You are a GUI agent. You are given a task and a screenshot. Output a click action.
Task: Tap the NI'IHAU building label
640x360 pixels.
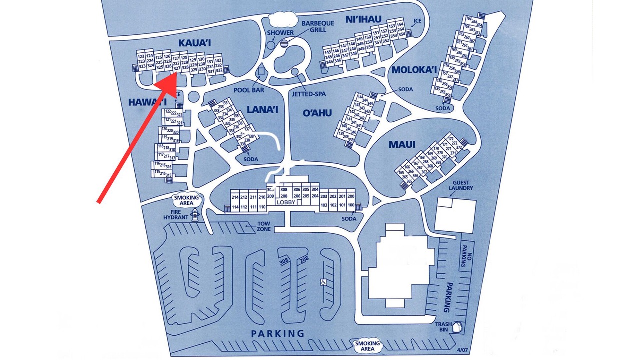pyautogui.click(x=363, y=19)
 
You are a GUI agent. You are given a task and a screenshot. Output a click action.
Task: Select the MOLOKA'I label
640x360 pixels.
pyautogui.click(x=414, y=69)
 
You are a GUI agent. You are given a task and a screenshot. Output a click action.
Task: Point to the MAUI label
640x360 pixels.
pyautogui.click(x=402, y=145)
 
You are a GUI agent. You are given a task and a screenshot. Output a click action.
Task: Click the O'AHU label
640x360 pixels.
pyautogui.click(x=317, y=113)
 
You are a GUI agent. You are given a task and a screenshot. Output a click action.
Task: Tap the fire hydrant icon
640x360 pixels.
pyautogui.click(x=195, y=215)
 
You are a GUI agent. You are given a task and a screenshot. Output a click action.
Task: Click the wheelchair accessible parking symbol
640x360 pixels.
pyautogui.click(x=324, y=282)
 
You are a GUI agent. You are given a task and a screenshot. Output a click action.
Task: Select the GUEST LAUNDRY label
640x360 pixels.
pyautogui.click(x=461, y=185)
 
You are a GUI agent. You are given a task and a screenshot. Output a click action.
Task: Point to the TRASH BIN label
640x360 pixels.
pyautogui.click(x=443, y=327)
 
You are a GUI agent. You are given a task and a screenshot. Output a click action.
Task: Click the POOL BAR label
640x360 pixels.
pyautogui.click(x=248, y=90)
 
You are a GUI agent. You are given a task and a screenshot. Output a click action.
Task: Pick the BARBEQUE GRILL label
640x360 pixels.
pyautogui.click(x=314, y=26)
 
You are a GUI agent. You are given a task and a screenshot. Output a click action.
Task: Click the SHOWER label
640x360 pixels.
pyautogui.click(x=280, y=33)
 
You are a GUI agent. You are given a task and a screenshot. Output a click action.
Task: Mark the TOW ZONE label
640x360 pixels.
pyautogui.click(x=264, y=226)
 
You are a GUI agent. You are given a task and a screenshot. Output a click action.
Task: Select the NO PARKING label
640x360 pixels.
pyautogui.click(x=463, y=255)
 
